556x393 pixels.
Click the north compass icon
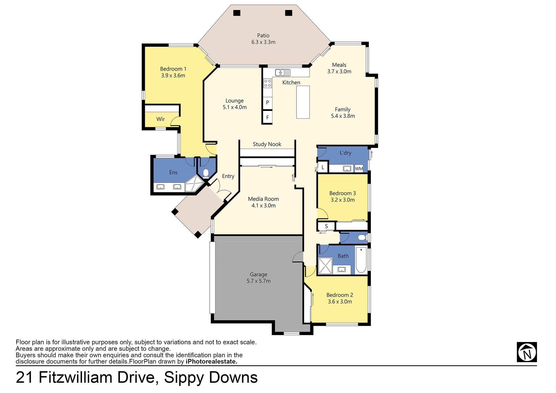[x=527, y=352]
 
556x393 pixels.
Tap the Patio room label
[x=263, y=35]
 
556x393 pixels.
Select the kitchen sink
[x=283, y=72]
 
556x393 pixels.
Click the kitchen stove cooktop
[x=268, y=83]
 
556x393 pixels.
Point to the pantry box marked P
[x=268, y=103]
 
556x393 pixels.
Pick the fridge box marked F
[x=268, y=117]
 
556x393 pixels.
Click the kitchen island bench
[x=303, y=102]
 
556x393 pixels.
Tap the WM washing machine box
[x=359, y=169]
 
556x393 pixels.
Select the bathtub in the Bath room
[x=361, y=260]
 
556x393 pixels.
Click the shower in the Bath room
[x=325, y=266]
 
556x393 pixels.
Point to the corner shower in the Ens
[x=194, y=183]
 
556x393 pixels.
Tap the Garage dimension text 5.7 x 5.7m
[x=259, y=281]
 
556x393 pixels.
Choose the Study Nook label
[x=267, y=144]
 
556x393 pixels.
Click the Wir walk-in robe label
[x=160, y=119]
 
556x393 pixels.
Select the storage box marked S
[x=326, y=226]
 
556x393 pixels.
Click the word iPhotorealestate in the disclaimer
[x=211, y=361]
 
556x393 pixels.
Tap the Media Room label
[x=264, y=199]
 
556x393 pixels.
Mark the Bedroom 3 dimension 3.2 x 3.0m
[x=343, y=200]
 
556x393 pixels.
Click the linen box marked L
[x=323, y=167]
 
